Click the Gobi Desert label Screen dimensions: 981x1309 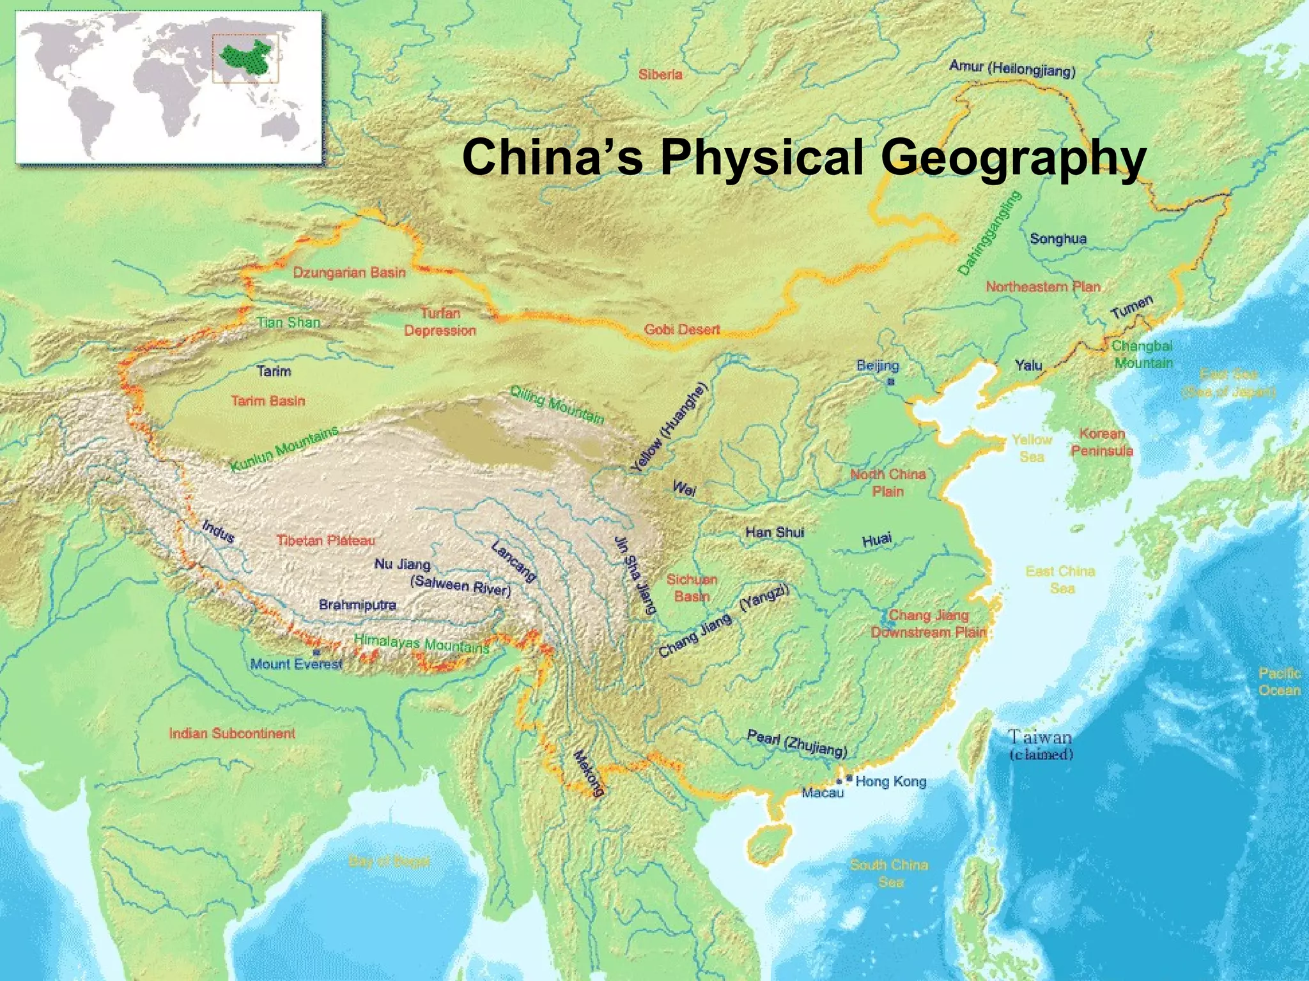tap(681, 330)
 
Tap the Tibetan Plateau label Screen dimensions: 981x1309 tap(325, 540)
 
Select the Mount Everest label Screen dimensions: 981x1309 tap(296, 664)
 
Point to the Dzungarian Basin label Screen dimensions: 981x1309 tap(349, 273)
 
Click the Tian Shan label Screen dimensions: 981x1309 tap(288, 322)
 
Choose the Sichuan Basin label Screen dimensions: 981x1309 tap(692, 588)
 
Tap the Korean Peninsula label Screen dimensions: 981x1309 tap(1102, 442)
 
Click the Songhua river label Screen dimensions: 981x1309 tap(1058, 239)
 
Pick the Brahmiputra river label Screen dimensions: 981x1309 tap(357, 604)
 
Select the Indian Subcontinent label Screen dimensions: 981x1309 tap(232, 733)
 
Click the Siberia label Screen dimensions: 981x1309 tap(660, 75)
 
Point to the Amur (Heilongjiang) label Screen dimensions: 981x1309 tap(1012, 68)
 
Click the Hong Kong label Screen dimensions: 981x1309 tap(890, 781)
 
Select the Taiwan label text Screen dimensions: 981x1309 tap(1040, 738)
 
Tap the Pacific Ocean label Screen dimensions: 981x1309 tap(1279, 681)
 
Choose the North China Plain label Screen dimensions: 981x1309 tap(888, 482)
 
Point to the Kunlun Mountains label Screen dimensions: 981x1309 tap(284, 450)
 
